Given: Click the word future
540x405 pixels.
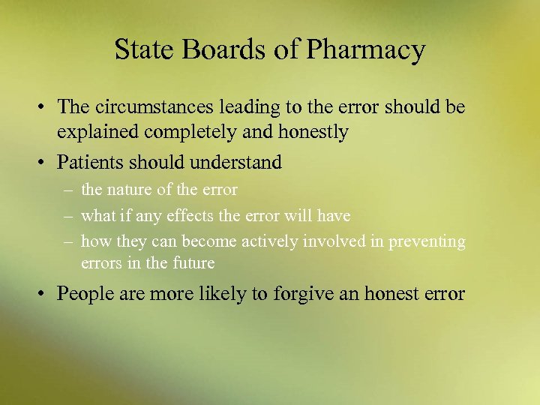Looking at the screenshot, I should click(x=192, y=263).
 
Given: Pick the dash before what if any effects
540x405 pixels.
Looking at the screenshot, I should click(x=68, y=216).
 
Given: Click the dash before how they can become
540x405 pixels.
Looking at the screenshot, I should click(x=68, y=241).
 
